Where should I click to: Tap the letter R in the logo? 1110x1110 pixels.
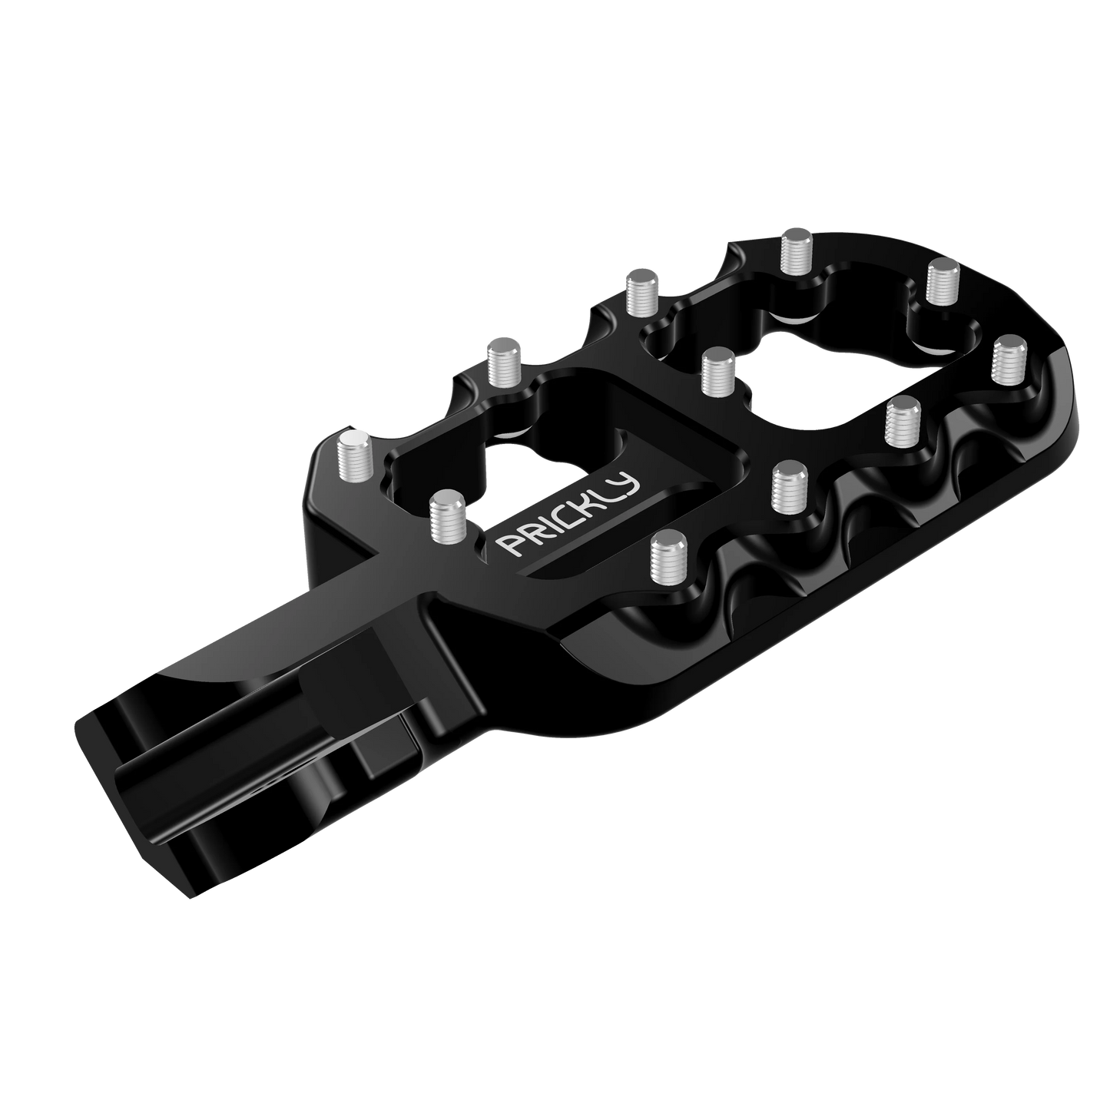524,535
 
